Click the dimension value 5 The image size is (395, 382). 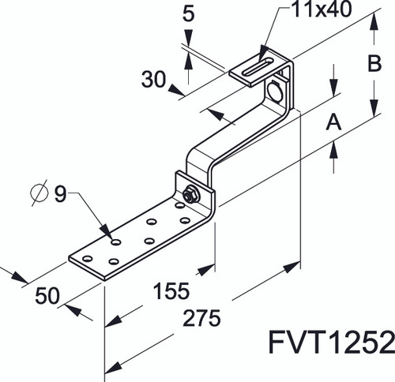(x=188, y=13)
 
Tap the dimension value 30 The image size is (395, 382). (x=156, y=78)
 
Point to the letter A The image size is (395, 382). (x=333, y=122)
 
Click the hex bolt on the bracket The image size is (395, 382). (x=190, y=194)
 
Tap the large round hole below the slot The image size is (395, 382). (x=277, y=92)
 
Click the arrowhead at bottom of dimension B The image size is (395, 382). (x=372, y=113)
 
